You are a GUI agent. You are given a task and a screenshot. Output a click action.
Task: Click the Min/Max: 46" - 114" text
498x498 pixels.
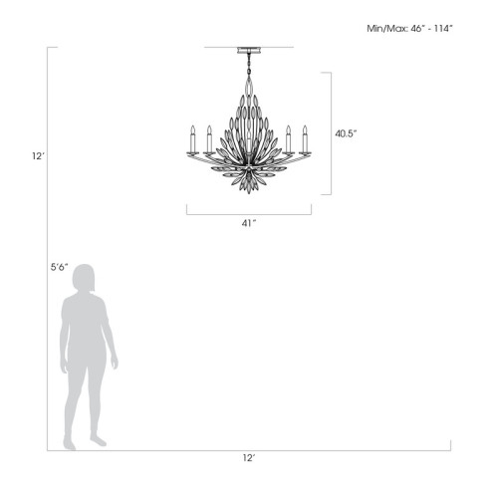[x=410, y=29]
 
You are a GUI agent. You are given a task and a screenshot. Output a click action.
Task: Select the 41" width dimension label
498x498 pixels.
[x=248, y=222]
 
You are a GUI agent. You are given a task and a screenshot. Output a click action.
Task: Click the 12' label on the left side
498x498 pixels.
[x=37, y=155]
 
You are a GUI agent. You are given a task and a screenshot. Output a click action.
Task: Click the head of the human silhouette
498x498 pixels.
[x=85, y=280]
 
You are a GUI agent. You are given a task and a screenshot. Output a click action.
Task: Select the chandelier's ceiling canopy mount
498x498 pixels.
[x=248, y=49]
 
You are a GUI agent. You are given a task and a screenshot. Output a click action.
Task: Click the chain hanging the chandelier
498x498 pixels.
[x=248, y=66]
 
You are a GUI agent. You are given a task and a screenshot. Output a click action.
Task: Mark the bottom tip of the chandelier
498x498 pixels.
[x=248, y=195]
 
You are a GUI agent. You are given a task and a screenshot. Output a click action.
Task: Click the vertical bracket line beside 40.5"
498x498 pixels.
[x=329, y=132]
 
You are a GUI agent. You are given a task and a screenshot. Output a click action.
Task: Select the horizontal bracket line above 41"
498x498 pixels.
[x=248, y=212]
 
